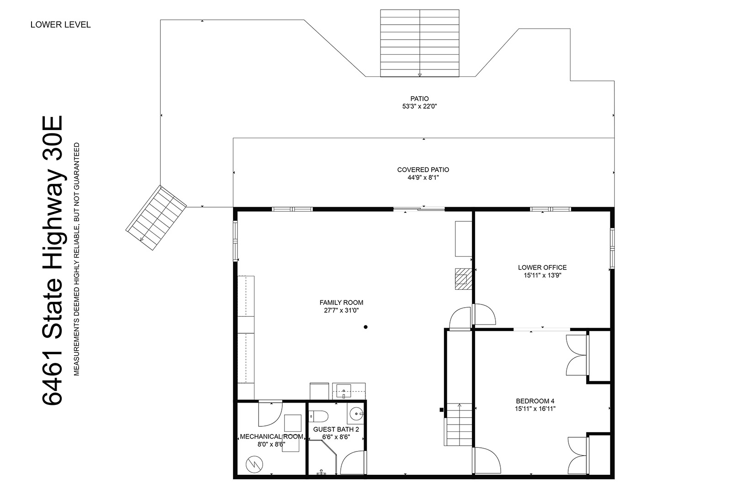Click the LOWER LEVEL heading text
60,25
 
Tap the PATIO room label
419,99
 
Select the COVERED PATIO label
423,170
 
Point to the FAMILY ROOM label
341,303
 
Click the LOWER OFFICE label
543,267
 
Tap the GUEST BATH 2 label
336,430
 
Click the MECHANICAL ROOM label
271,436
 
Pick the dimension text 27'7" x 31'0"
341,310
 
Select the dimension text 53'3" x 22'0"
419,106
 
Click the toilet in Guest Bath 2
318,416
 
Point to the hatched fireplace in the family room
464,279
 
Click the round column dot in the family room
366,327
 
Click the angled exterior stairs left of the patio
156,218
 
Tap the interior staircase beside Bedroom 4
460,425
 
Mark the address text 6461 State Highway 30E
52,260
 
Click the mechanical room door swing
270,414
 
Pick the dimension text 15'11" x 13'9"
543,275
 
